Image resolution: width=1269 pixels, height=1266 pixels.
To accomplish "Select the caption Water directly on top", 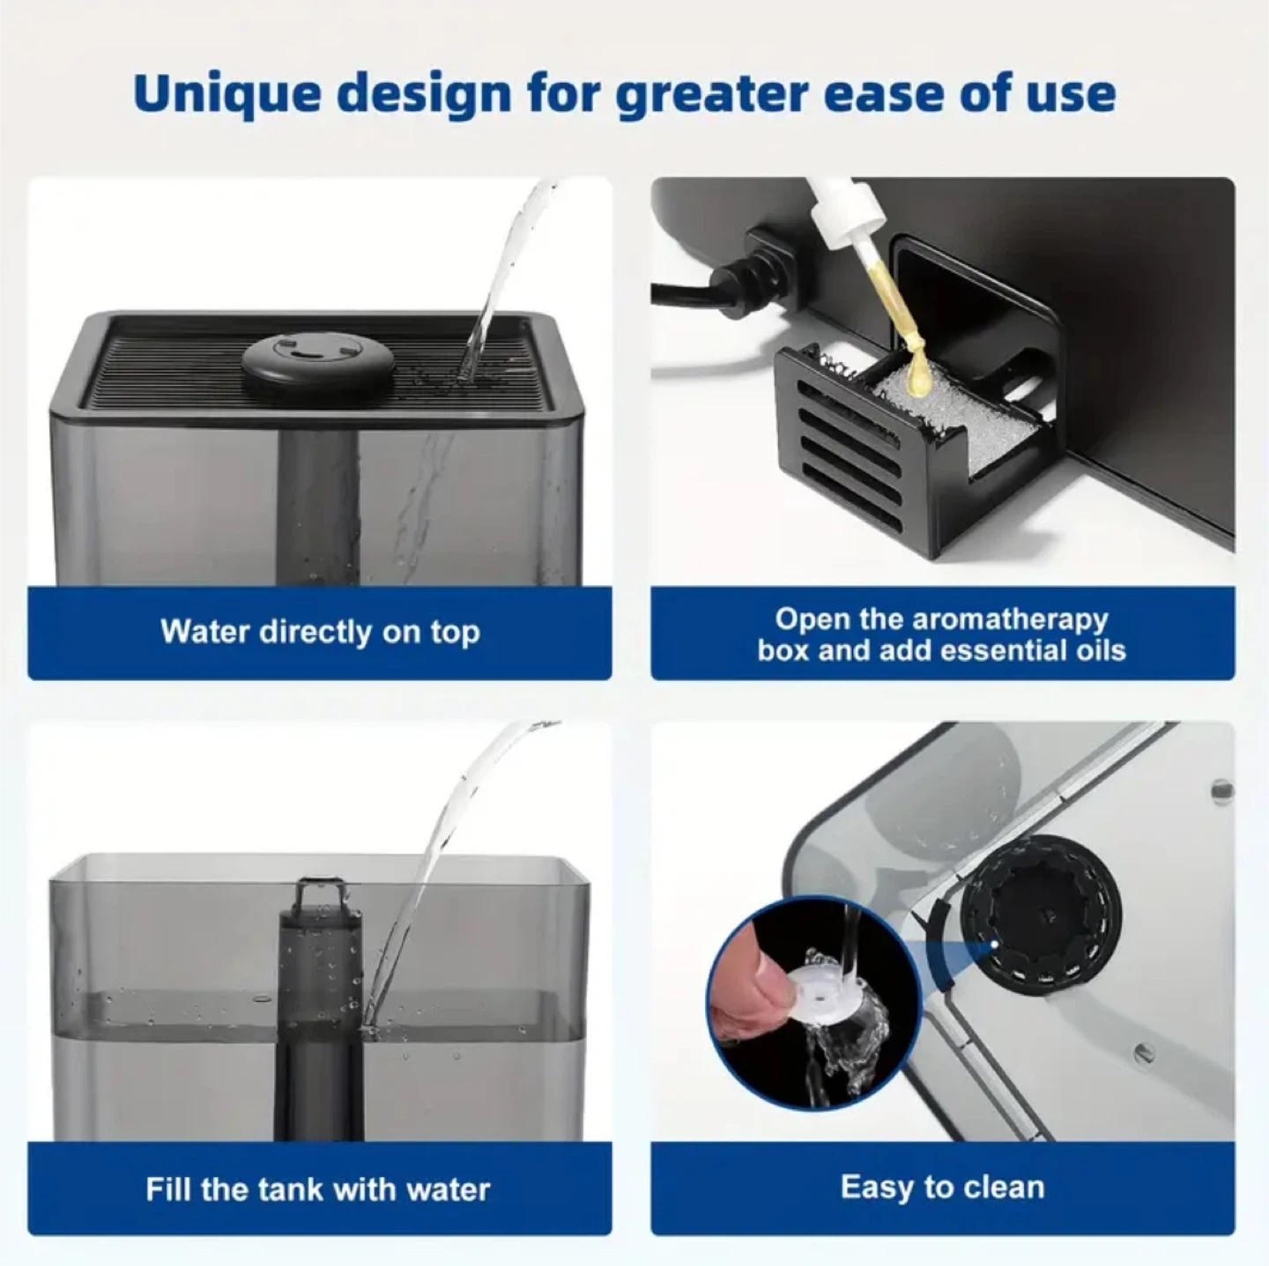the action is (320, 632).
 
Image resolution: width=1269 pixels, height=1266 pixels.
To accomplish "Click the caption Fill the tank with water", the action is (318, 1189).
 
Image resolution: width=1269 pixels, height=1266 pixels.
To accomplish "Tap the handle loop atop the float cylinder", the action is (320, 893).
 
